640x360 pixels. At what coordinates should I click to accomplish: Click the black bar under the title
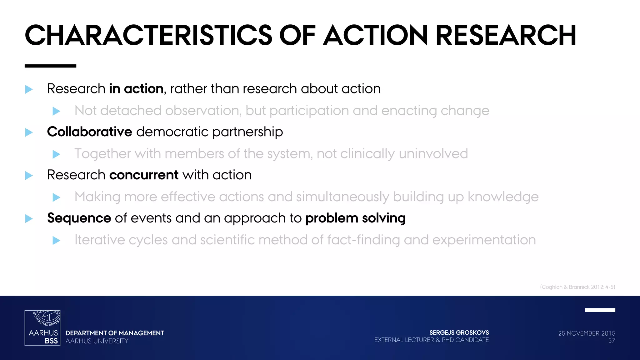coord(50,66)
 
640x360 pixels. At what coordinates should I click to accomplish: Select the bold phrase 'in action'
coord(136,89)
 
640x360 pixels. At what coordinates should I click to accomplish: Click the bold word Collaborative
coord(89,132)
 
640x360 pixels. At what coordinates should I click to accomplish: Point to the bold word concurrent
coord(144,175)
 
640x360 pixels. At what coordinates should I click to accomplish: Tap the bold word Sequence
coord(79,218)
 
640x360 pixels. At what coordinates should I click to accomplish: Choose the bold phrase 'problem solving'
coord(355,218)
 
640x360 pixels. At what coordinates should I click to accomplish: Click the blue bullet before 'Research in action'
coord(29,89)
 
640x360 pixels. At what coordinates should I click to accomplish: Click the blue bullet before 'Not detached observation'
coord(56,111)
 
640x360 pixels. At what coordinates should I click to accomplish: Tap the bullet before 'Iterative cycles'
coord(56,240)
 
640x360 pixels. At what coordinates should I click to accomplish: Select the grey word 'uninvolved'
coord(433,154)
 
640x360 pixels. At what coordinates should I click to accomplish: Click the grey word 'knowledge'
coord(503,197)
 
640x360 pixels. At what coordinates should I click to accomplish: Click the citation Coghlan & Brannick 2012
coord(577,287)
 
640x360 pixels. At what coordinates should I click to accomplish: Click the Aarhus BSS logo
coord(42,328)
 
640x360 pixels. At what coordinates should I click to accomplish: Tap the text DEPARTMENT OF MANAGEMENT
coord(115,333)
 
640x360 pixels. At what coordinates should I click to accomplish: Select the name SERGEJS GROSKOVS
coord(459,332)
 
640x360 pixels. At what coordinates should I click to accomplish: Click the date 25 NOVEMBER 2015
coord(587,333)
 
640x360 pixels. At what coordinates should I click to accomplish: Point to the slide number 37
coord(612,341)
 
